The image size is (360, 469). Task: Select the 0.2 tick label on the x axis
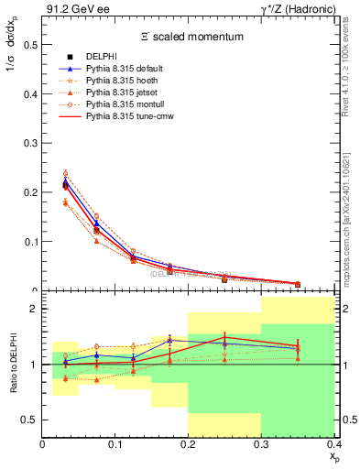pos(189,444)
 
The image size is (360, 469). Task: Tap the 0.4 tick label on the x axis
pos(333,444)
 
